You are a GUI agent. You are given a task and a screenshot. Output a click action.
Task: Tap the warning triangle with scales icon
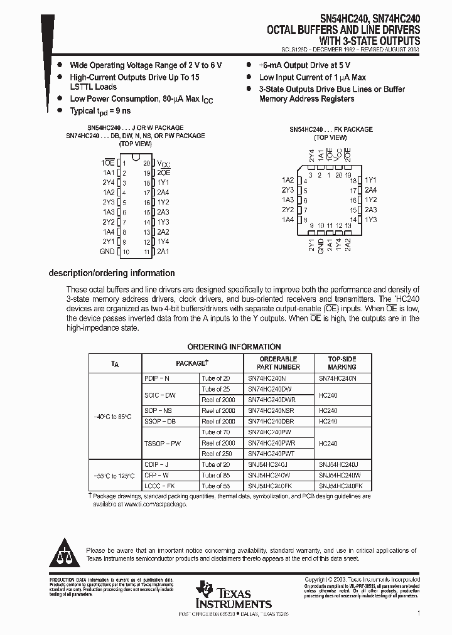[x=65, y=552]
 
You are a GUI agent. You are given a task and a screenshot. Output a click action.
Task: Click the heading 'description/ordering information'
[x=112, y=273]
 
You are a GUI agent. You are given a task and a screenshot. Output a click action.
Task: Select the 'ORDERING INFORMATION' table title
[x=234, y=347]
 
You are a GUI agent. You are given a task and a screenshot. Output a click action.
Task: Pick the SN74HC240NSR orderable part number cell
[x=267, y=410]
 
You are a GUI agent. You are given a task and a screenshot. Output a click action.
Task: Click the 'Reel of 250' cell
[x=217, y=454]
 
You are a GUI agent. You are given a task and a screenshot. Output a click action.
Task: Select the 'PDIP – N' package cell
[x=157, y=378]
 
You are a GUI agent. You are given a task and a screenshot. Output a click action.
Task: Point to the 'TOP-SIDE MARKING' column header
[x=342, y=363]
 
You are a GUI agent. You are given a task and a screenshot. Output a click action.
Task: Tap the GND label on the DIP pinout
[x=107, y=252]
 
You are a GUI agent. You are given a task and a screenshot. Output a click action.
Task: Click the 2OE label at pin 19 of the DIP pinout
[x=163, y=172]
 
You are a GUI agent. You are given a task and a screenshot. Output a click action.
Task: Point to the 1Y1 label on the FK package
[x=370, y=180]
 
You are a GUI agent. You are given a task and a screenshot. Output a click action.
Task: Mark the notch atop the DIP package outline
[x=136, y=157]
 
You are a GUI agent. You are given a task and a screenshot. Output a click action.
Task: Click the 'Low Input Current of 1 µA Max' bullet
[x=312, y=77]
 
